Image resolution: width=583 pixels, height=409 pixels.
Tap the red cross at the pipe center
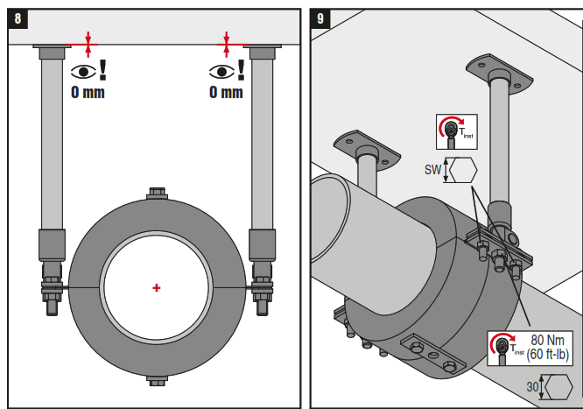point(157,287)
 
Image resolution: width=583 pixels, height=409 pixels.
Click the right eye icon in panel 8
point(220,72)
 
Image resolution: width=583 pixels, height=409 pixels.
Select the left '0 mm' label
point(88,92)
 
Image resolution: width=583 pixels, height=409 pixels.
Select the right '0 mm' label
point(226,92)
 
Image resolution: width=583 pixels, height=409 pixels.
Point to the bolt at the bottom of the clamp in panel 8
point(157,380)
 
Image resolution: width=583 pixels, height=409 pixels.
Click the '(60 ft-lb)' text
point(549,355)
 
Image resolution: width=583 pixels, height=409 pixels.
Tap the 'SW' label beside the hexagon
point(432,169)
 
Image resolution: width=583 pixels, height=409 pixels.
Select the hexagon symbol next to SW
point(460,169)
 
